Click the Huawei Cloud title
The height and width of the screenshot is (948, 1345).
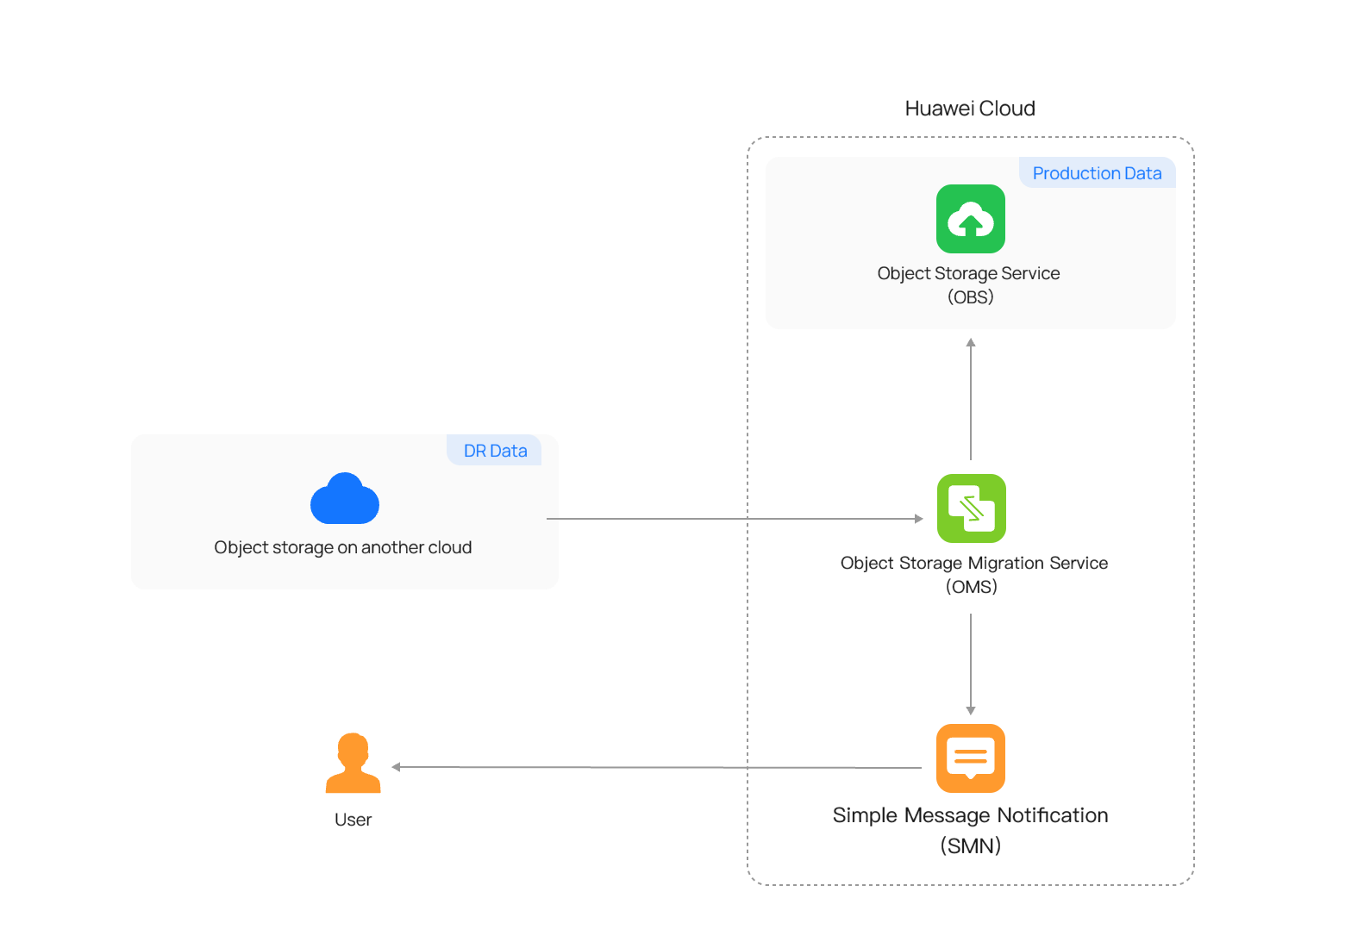tap(970, 109)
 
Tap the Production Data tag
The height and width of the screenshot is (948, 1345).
tap(1097, 173)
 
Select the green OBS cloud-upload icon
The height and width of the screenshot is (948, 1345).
tap(970, 219)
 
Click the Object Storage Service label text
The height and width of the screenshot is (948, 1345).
tap(968, 274)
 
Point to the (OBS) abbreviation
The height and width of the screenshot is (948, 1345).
tap(970, 297)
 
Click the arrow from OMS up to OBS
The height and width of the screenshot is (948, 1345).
tap(970, 399)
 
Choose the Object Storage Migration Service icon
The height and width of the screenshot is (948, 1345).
tap(972, 508)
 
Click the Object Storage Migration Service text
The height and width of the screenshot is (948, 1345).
tap(974, 563)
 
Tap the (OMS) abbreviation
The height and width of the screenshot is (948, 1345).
tap(972, 587)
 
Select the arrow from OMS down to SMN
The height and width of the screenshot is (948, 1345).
tap(970, 664)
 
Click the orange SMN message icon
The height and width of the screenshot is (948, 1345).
tap(970, 758)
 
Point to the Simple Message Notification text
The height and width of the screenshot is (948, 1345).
tap(970, 815)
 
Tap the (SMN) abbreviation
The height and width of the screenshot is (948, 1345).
tap(970, 846)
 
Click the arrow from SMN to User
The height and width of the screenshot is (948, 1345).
tap(656, 767)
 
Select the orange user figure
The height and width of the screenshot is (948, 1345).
tap(353, 763)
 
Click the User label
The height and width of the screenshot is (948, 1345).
tap(353, 820)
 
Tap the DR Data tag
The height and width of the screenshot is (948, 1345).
tap(495, 450)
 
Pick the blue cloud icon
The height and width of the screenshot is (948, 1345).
tap(345, 498)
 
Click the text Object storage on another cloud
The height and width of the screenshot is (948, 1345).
tap(343, 547)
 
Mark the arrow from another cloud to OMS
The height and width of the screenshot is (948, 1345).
tap(735, 519)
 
